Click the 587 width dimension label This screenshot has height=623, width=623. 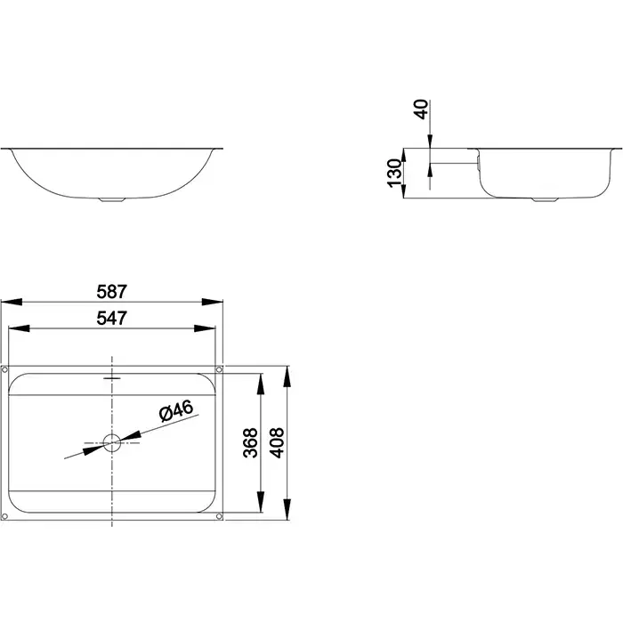click(x=111, y=292)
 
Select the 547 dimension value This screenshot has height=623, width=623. click(x=111, y=318)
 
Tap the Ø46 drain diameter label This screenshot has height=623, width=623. click(x=176, y=410)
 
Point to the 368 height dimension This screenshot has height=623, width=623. click(x=250, y=442)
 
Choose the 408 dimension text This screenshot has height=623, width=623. click(x=277, y=442)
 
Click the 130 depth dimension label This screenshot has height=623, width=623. click(x=394, y=173)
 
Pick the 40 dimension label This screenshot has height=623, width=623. click(x=421, y=109)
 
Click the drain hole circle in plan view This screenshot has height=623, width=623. click(x=112, y=442)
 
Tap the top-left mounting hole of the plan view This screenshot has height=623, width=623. click(x=4, y=370)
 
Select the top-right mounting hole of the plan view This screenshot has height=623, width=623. click(x=219, y=370)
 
